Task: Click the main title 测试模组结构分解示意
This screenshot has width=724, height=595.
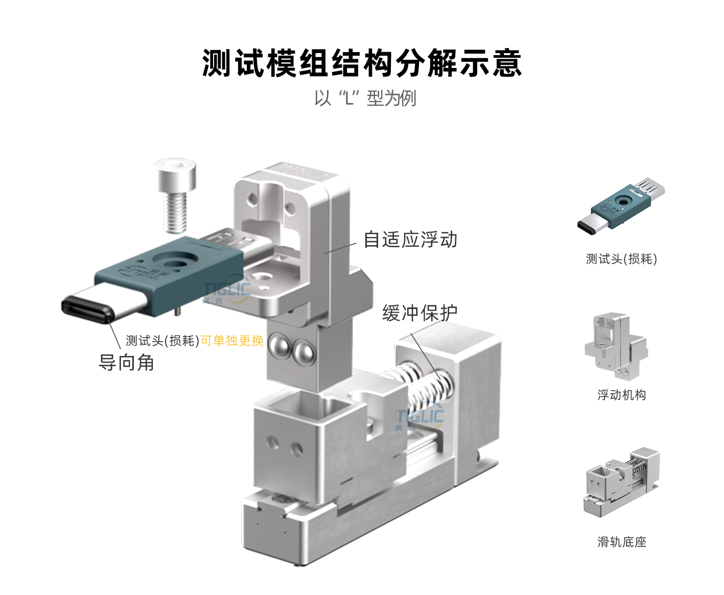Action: point(362,63)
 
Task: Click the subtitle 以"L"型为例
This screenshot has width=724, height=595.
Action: point(365,98)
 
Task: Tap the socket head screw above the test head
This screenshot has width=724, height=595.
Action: point(175,196)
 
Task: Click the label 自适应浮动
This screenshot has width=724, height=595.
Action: point(410,240)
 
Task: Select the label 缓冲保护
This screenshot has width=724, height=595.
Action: point(419,313)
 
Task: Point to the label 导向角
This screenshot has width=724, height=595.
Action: point(126,363)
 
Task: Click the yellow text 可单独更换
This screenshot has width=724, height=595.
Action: point(232,340)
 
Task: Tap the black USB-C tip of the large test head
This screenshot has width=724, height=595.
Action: point(87,309)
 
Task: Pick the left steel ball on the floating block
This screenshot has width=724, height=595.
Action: point(280,345)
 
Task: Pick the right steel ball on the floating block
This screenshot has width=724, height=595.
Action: point(303,351)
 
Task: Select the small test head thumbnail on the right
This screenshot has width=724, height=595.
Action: point(621,206)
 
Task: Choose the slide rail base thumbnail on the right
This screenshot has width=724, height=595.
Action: point(621,482)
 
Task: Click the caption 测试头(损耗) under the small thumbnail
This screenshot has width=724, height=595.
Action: point(621,259)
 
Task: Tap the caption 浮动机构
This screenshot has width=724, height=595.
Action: point(622,395)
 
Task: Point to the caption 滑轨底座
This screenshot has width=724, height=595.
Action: point(622,542)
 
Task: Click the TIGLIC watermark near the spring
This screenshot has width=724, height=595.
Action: point(419,418)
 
